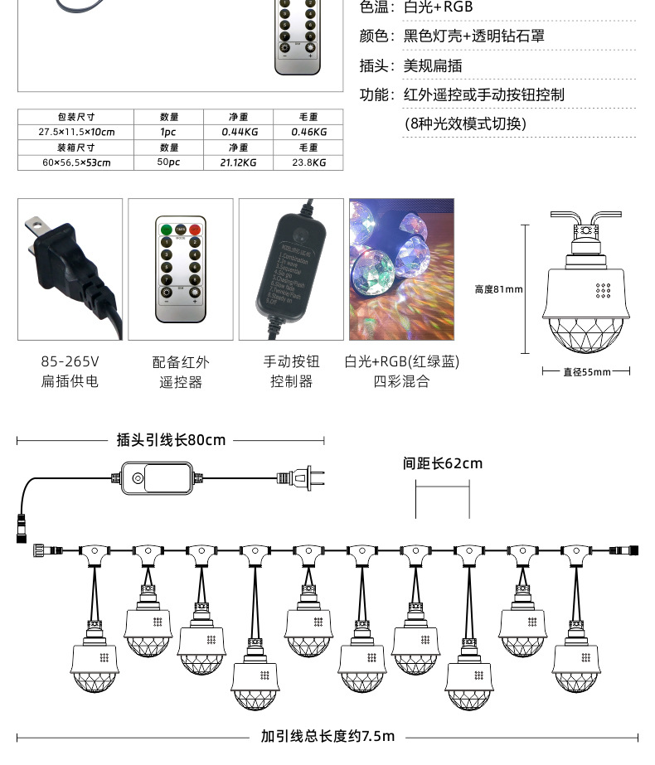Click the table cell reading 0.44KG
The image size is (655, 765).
pos(240,132)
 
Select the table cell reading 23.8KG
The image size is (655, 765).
pos(308,162)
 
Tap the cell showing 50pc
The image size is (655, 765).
pos(168,162)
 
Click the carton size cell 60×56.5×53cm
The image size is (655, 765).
pos(75,162)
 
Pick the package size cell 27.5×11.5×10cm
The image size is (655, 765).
pos(75,132)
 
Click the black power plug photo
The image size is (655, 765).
pos(70,269)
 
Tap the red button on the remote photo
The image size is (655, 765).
pos(195,229)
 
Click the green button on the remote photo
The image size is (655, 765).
pos(166,229)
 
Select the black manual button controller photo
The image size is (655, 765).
pos(291,269)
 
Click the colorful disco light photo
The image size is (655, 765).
pos(401,269)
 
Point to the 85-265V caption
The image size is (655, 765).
pos(70,362)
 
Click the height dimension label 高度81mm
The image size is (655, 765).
pos(498,289)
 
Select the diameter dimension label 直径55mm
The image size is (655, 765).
pos(586,372)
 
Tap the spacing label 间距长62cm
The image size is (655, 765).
pos(442,463)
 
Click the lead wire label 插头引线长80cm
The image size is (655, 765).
pos(171,440)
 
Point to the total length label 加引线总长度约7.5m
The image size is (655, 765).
pos(327,736)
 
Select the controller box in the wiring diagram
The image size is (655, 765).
pos(156,477)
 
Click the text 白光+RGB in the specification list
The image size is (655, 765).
pos(438,8)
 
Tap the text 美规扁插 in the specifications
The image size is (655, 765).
pos(432,66)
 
